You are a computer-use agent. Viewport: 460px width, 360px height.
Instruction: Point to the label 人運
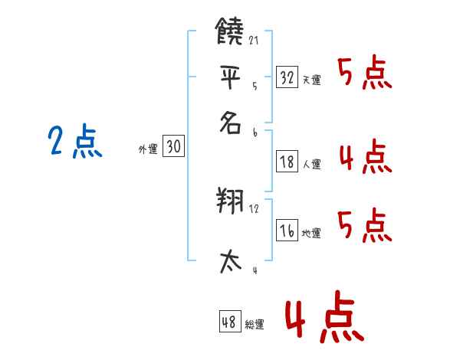click(311, 164)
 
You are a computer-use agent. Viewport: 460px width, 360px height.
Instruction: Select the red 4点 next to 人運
click(365, 157)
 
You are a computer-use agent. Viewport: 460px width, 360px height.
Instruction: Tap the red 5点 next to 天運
click(365, 74)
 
